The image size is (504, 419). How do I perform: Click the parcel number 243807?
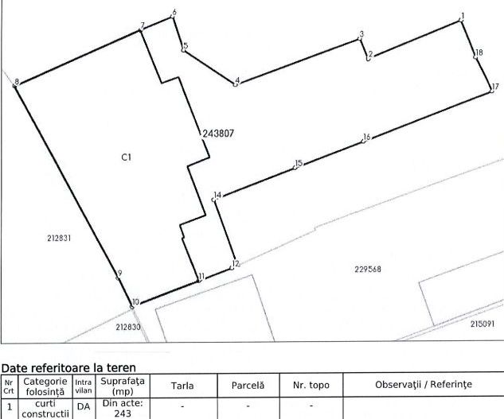click(x=217, y=134)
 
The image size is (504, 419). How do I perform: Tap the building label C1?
click(x=126, y=157)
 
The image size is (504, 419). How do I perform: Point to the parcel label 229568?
click(x=367, y=269)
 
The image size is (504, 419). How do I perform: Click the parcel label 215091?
click(x=482, y=324)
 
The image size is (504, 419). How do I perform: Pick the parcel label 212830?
click(x=127, y=327)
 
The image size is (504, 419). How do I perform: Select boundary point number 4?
click(x=235, y=83)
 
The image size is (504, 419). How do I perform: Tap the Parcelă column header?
click(x=248, y=385)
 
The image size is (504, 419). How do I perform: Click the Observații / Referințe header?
click(x=424, y=385)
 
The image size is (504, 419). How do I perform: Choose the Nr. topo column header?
click(x=311, y=385)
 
